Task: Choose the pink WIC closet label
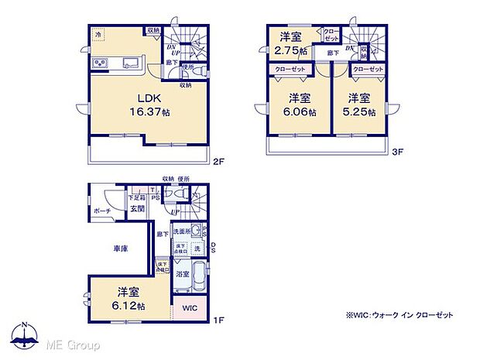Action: [190, 307]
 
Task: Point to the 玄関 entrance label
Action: [136, 208]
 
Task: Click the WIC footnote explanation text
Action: [399, 315]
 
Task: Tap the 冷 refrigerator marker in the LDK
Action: [99, 35]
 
